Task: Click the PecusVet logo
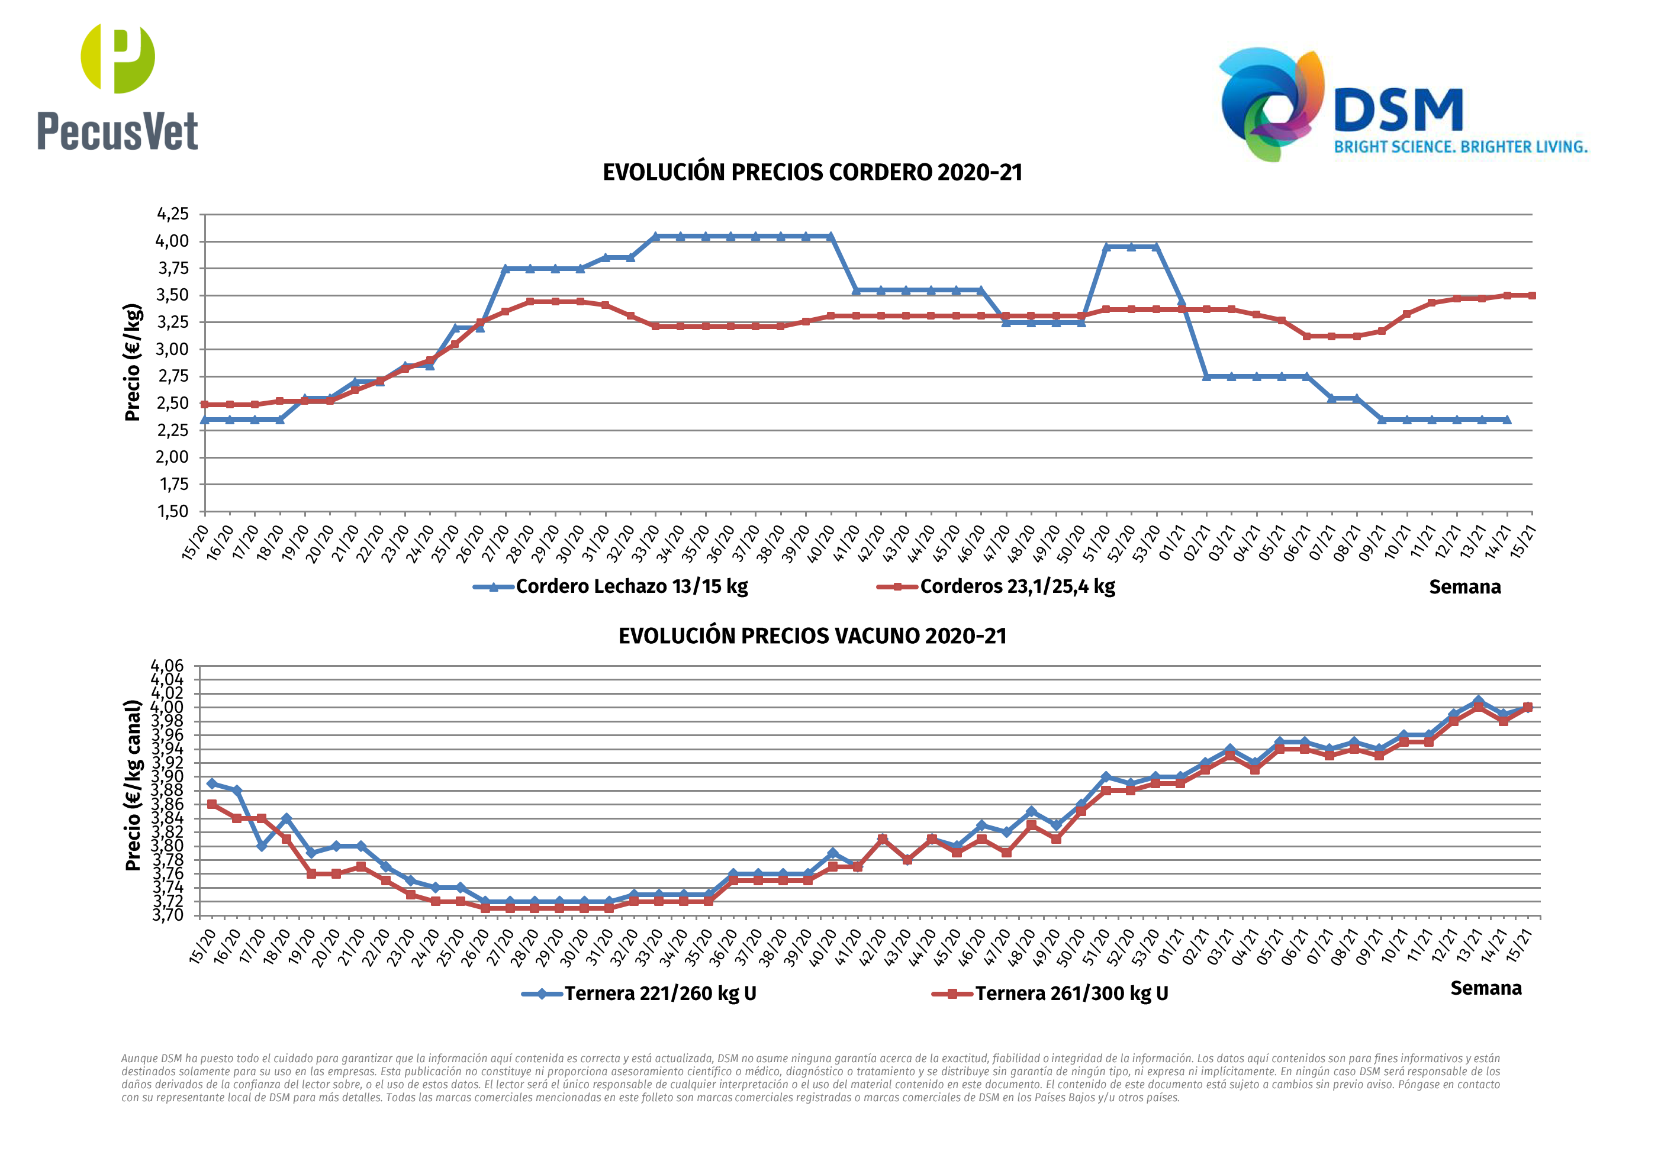click(x=118, y=87)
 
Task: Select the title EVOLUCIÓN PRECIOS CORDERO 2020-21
click(x=812, y=173)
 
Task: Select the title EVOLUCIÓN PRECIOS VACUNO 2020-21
click(x=812, y=637)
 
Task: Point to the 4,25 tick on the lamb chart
click(x=173, y=214)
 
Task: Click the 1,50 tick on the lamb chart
click(x=173, y=511)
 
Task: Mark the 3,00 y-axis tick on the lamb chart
click(x=173, y=349)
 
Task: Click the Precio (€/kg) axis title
click(x=133, y=362)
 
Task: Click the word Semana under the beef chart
click(x=1486, y=989)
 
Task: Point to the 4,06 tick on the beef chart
click(x=167, y=666)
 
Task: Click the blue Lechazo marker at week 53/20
click(x=1156, y=247)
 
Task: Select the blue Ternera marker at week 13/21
click(x=1478, y=701)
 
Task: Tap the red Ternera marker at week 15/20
click(x=212, y=804)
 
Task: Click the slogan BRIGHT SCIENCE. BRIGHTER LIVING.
click(x=1460, y=147)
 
